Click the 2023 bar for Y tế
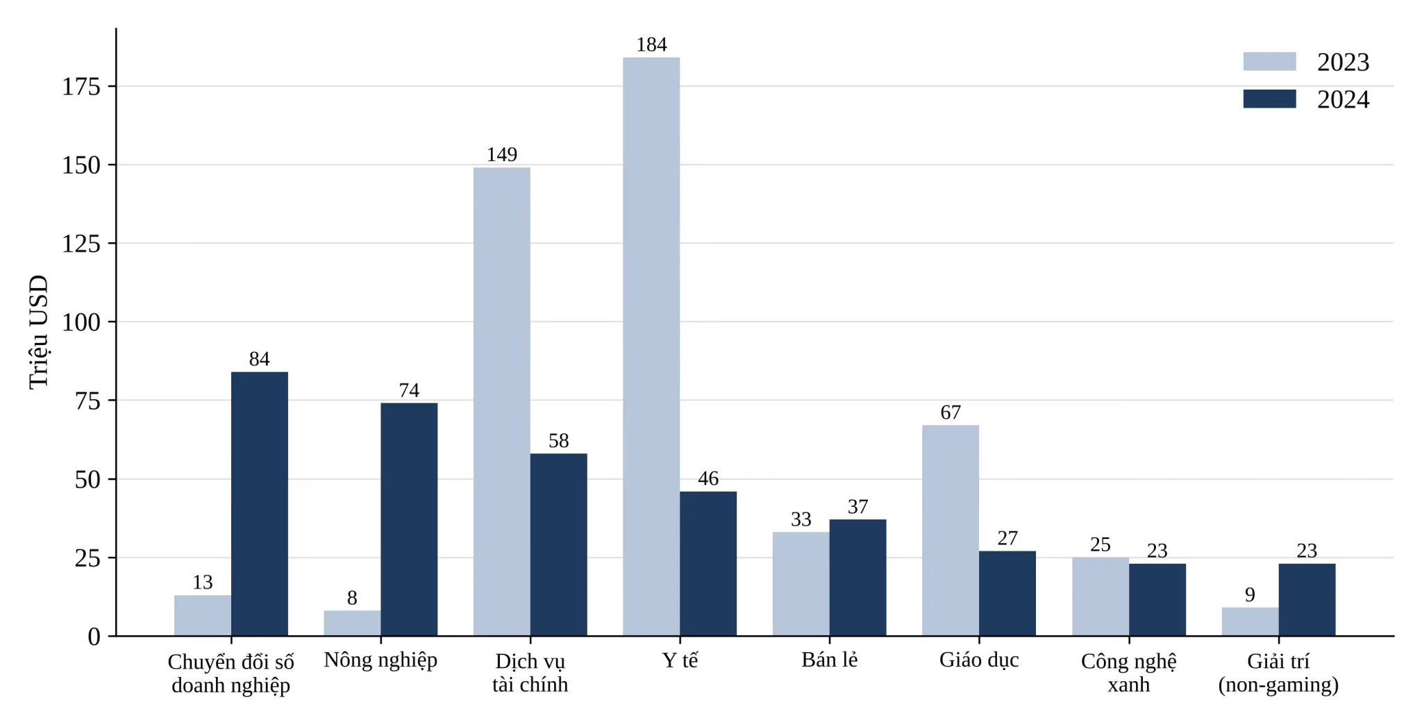click(x=651, y=346)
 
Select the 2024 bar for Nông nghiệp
click(x=409, y=519)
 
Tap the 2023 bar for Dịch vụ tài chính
click(x=502, y=401)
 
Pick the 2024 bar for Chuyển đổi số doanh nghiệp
click(x=260, y=504)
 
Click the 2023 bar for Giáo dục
click(x=951, y=530)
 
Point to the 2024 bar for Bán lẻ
click(x=858, y=578)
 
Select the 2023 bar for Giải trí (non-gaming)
click(x=1250, y=621)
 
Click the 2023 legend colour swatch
click(x=1269, y=62)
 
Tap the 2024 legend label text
click(x=1343, y=99)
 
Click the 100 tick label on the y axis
click(x=81, y=322)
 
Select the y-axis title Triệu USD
click(x=39, y=333)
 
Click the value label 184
click(x=651, y=44)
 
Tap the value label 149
click(x=502, y=154)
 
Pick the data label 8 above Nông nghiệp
click(x=352, y=598)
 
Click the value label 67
click(x=951, y=412)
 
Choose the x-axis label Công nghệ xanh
click(x=1129, y=673)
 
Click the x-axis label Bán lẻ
click(x=830, y=660)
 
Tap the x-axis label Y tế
click(x=680, y=660)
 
